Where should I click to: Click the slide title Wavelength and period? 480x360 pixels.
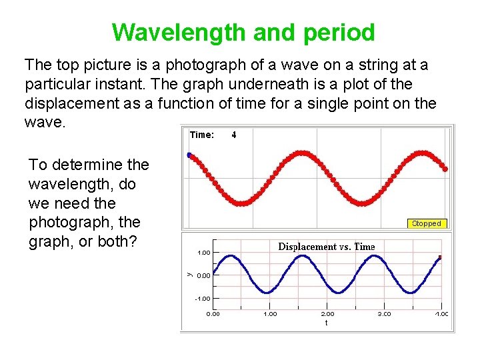pyautogui.click(x=243, y=32)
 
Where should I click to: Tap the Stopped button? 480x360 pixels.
pyautogui.click(x=426, y=224)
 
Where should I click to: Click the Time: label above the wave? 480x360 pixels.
pyautogui.click(x=202, y=135)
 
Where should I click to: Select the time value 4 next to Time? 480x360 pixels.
pyautogui.click(x=234, y=135)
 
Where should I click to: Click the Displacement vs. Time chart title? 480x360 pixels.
pyautogui.click(x=326, y=247)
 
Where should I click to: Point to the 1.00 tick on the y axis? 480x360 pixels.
pyautogui.click(x=203, y=253)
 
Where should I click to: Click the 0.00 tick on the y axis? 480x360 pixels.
pyautogui.click(x=203, y=275)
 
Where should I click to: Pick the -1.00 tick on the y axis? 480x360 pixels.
pyautogui.click(x=202, y=299)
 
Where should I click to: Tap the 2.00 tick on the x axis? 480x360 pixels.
pyautogui.click(x=328, y=313)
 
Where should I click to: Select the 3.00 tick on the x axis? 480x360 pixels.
pyautogui.click(x=385, y=313)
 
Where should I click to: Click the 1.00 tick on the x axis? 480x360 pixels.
pyautogui.click(x=270, y=313)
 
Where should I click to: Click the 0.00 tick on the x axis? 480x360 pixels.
pyautogui.click(x=213, y=313)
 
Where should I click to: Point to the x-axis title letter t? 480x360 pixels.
pyautogui.click(x=326, y=322)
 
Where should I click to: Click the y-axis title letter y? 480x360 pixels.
pyautogui.click(x=188, y=273)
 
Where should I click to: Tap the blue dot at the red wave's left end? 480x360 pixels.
pyautogui.click(x=189, y=155)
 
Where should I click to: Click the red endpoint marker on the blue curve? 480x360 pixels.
pyautogui.click(x=440, y=257)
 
